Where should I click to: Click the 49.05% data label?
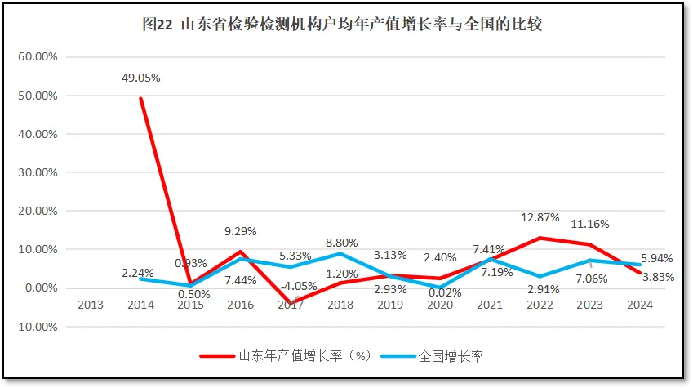click(141, 78)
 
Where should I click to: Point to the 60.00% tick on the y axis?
click(37, 57)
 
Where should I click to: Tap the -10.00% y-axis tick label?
click(35, 327)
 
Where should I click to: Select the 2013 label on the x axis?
click(90, 305)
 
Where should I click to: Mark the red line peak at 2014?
click(140, 99)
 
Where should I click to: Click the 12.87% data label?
click(540, 217)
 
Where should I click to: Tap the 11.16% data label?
click(589, 223)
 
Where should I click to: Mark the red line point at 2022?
click(540, 238)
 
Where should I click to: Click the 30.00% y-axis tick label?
click(37, 172)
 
